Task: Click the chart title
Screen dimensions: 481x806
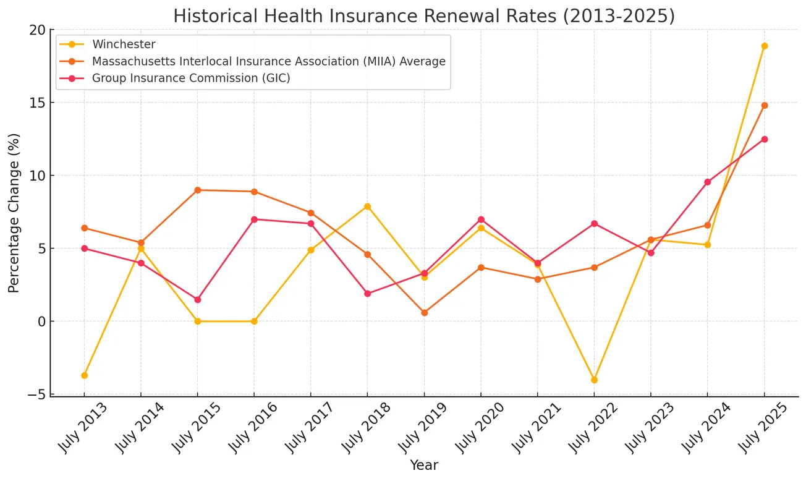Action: click(x=423, y=16)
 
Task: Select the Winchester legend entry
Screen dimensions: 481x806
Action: click(x=124, y=44)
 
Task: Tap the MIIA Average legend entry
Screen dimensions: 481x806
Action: click(x=269, y=61)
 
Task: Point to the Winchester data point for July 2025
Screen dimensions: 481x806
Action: click(x=765, y=46)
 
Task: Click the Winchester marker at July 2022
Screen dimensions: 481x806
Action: click(x=594, y=380)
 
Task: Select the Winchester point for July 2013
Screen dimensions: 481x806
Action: click(x=84, y=375)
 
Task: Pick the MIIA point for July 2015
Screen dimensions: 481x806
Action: click(x=197, y=190)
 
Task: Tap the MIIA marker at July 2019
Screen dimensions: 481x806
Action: click(x=424, y=313)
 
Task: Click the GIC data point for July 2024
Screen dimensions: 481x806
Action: click(x=708, y=182)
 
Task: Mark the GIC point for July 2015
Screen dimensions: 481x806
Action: click(x=197, y=300)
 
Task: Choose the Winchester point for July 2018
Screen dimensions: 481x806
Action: click(x=367, y=206)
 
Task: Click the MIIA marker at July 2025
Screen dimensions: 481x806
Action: click(x=765, y=106)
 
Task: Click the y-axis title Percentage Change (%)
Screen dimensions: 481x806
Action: click(x=14, y=213)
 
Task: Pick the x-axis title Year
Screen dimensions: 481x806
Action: click(x=424, y=466)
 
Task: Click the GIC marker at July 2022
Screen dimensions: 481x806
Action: click(x=594, y=224)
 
